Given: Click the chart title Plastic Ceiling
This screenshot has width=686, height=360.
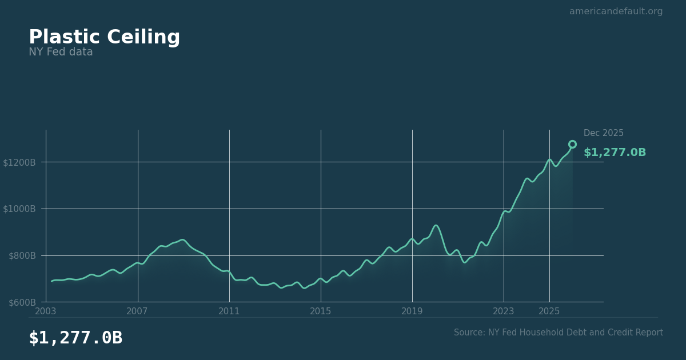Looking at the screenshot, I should tap(104, 38).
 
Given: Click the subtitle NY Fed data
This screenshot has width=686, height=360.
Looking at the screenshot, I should tap(61, 53).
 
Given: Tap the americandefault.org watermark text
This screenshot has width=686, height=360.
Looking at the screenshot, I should tap(616, 11).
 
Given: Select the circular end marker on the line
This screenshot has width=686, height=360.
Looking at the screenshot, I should tap(572, 145).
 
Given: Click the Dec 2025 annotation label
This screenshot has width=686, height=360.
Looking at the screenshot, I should tap(603, 133).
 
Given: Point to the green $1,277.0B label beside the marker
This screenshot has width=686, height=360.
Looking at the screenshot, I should tap(615, 153).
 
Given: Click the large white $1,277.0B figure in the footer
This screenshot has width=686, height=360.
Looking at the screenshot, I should tap(75, 338).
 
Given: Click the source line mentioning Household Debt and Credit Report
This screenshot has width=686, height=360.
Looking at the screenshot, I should tap(558, 333).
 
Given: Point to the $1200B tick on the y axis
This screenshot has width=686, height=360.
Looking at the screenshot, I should tap(19, 162).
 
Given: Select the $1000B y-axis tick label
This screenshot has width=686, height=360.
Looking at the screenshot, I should tap(19, 209).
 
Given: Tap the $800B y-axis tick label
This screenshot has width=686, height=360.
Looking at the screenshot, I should tap(22, 255).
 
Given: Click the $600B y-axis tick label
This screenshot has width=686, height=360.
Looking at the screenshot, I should tap(22, 302).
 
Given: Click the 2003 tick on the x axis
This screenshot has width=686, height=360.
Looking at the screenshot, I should tap(46, 311).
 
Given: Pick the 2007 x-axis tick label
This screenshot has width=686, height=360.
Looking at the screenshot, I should tap(137, 311).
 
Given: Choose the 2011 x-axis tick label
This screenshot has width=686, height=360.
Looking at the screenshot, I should tap(229, 311).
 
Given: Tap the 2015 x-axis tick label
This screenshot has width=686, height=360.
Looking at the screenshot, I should tap(321, 311).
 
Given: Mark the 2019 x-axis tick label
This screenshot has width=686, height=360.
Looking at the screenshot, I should tap(412, 311).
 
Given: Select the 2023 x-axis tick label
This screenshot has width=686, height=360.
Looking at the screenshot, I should tap(504, 311).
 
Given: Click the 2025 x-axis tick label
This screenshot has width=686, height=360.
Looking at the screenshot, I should tap(549, 311).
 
